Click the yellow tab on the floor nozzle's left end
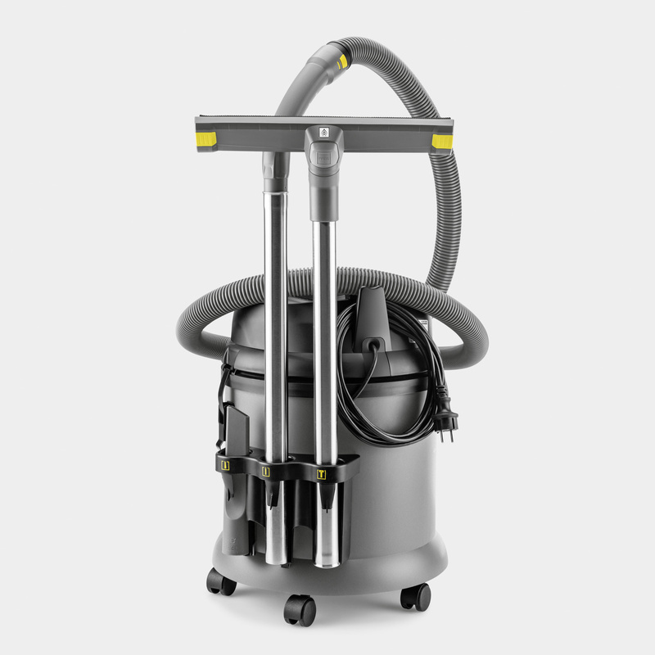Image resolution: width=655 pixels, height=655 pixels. [x=206, y=139]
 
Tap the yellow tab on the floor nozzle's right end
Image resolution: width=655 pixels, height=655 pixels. [x=441, y=141]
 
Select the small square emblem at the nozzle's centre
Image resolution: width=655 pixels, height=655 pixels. [x=323, y=133]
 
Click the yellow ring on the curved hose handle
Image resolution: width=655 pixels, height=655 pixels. [x=341, y=61]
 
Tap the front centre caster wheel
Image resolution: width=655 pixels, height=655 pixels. [x=300, y=608]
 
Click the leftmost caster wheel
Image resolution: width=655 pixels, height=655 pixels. [x=220, y=581]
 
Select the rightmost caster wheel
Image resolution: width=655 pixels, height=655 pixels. [x=415, y=595]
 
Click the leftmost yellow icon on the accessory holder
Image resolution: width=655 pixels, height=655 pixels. [x=225, y=465]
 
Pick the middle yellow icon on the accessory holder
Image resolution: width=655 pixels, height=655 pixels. [x=265, y=471]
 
